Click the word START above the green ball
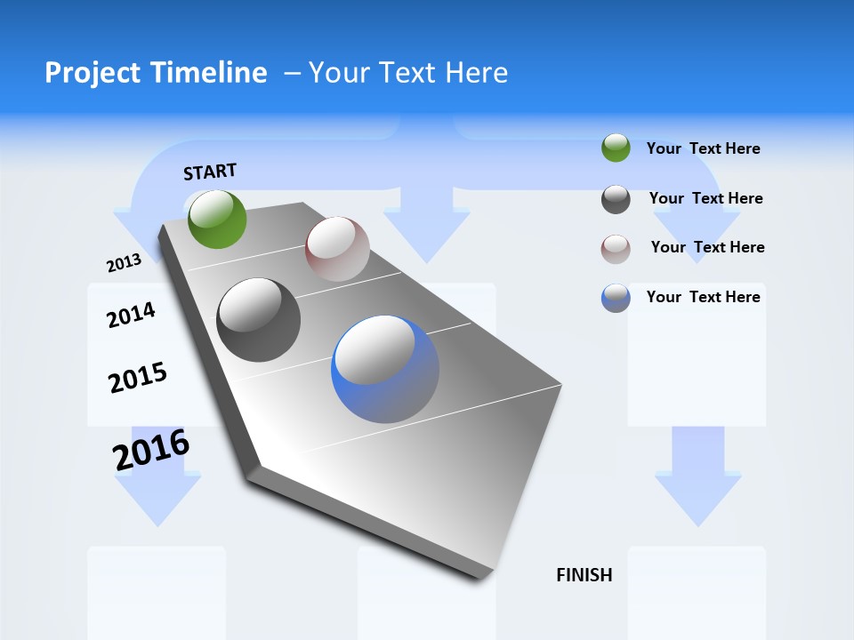[x=210, y=172]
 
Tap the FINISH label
[x=584, y=575]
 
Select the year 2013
[x=124, y=263]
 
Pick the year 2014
[x=131, y=315]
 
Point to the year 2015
[x=138, y=378]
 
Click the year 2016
[x=151, y=449]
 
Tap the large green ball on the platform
[x=217, y=220]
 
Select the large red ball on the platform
[x=337, y=249]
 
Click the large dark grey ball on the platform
[x=259, y=320]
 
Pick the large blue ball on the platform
[x=385, y=369]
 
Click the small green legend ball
[x=616, y=148]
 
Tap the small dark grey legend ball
[x=616, y=199]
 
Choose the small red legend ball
[x=616, y=248]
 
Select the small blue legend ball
[x=616, y=298]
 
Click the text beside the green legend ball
[x=703, y=148]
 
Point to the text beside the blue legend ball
[x=703, y=297]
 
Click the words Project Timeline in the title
[x=156, y=72]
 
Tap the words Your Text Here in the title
[x=407, y=72]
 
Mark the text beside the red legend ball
[x=707, y=247]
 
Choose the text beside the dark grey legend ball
[x=705, y=198]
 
